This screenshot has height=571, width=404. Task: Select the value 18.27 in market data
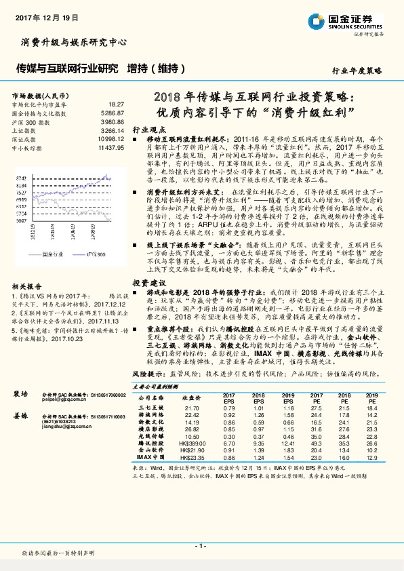tap(116, 103)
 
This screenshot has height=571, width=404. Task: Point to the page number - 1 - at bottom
tap(201, 545)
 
